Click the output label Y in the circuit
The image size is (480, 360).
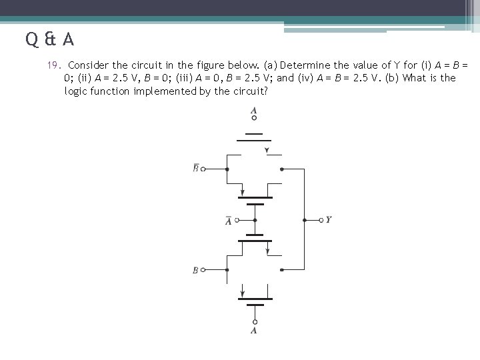click(x=329, y=219)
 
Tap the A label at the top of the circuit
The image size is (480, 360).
click(x=254, y=110)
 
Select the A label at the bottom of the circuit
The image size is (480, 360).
click(x=254, y=330)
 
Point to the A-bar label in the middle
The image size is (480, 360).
click(x=229, y=221)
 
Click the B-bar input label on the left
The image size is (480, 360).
click(x=195, y=168)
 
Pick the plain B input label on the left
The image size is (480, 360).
click(x=195, y=270)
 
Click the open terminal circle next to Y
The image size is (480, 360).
click(x=321, y=219)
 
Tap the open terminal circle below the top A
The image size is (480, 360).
click(x=254, y=119)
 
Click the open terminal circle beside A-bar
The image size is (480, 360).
click(x=237, y=219)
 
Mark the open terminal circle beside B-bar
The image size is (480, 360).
click(x=203, y=169)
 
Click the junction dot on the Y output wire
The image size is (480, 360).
click(x=305, y=219)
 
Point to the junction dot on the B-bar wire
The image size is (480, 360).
click(x=227, y=169)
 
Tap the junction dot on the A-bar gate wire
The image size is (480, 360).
click(x=254, y=219)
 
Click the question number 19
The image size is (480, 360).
click(x=53, y=65)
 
